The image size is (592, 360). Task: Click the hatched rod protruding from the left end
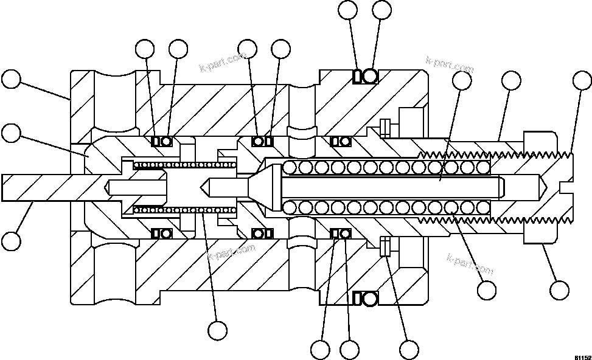click(37, 187)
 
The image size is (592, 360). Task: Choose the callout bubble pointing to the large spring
click(487, 289)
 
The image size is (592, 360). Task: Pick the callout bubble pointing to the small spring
click(217, 330)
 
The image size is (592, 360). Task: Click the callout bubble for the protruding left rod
click(11, 240)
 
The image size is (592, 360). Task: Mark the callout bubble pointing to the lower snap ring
click(409, 350)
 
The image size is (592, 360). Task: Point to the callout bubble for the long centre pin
click(462, 81)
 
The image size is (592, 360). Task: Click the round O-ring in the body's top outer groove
click(370, 77)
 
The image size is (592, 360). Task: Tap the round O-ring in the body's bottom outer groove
click(370, 298)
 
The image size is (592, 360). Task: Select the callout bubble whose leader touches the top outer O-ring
click(381, 10)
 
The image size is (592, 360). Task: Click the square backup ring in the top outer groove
click(358, 77)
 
